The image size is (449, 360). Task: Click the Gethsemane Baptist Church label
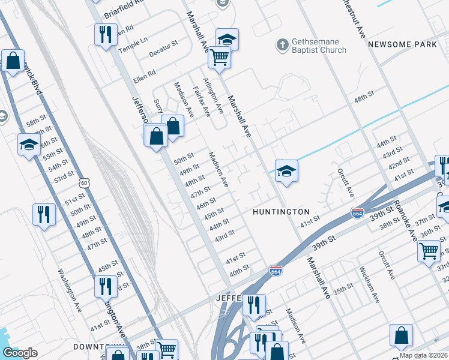coord(319,46)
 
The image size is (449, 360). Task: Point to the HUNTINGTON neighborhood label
coord(281,212)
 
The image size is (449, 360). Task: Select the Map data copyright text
coord(423,355)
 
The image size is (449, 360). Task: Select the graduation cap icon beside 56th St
coord(29,144)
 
